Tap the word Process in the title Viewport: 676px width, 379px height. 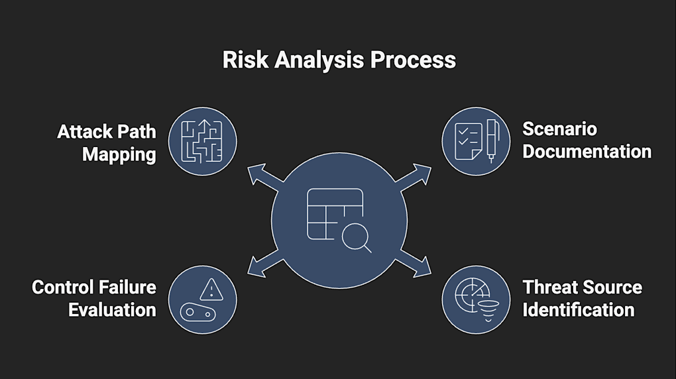point(413,60)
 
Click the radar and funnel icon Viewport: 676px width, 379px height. point(475,299)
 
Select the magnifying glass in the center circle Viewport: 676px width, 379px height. point(357,237)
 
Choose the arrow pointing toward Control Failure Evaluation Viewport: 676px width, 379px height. point(260,263)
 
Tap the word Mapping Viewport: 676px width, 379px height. point(119,154)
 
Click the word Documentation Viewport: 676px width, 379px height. point(587,151)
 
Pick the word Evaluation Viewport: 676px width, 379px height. point(112,309)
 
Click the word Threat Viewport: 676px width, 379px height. point(550,287)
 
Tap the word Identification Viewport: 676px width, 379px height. point(579,309)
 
